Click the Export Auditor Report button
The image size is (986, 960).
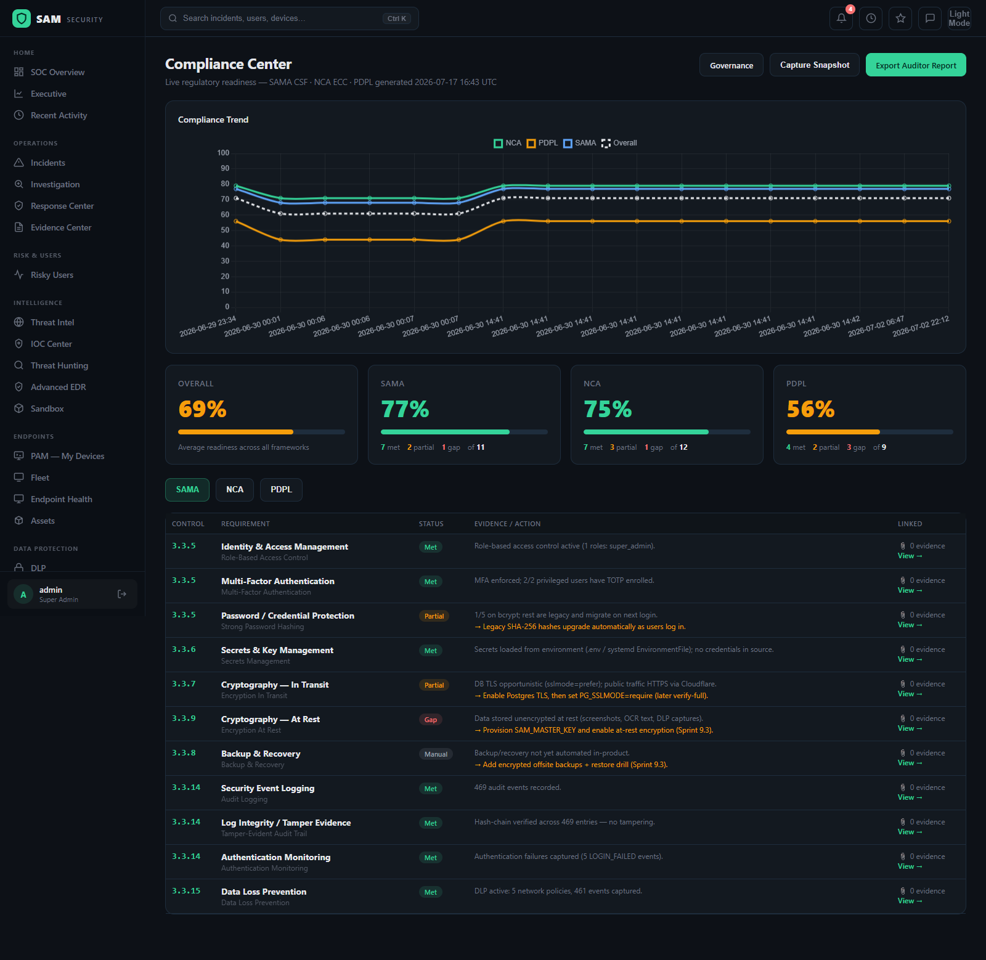click(x=916, y=65)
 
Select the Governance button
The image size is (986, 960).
click(x=731, y=65)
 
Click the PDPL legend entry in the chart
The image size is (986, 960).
click(x=542, y=143)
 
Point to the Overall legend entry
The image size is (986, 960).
click(x=619, y=143)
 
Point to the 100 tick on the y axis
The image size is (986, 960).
click(x=223, y=153)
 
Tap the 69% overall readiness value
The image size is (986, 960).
click(x=202, y=409)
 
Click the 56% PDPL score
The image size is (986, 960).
click(x=810, y=409)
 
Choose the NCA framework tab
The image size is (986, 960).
click(x=235, y=490)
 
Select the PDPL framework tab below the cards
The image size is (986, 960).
click(x=281, y=490)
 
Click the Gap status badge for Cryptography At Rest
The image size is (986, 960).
click(x=431, y=720)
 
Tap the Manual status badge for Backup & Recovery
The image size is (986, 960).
click(x=436, y=754)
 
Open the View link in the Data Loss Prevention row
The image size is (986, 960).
click(x=910, y=901)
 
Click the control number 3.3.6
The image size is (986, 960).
click(x=184, y=649)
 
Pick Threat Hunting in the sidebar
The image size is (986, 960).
click(x=59, y=365)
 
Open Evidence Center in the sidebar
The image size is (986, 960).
click(x=61, y=227)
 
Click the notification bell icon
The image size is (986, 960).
click(x=841, y=18)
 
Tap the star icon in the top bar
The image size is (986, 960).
click(x=900, y=18)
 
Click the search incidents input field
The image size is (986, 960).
click(x=290, y=18)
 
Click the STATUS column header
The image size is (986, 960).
click(x=431, y=524)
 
